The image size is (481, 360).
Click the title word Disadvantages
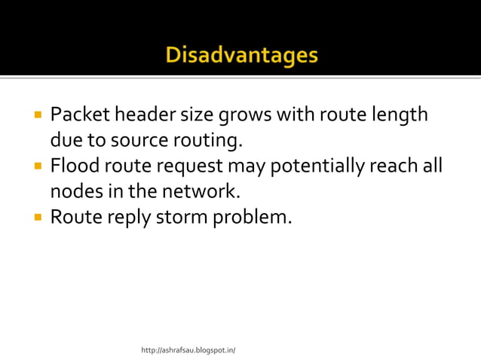click(x=241, y=56)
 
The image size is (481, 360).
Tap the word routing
click(x=207, y=141)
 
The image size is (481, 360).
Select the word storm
click(x=180, y=218)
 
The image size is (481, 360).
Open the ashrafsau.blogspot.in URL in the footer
click(x=188, y=350)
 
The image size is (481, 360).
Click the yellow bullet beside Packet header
click(x=36, y=116)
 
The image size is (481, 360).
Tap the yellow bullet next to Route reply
click(x=36, y=218)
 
